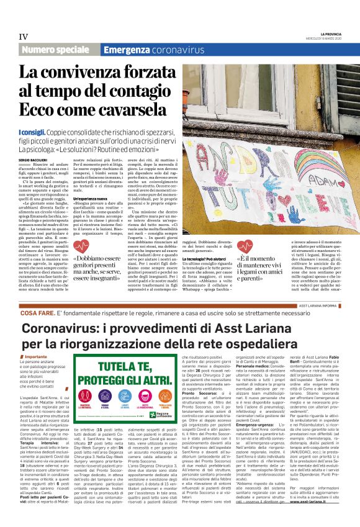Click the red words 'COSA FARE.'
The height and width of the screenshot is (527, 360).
tap(38, 314)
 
